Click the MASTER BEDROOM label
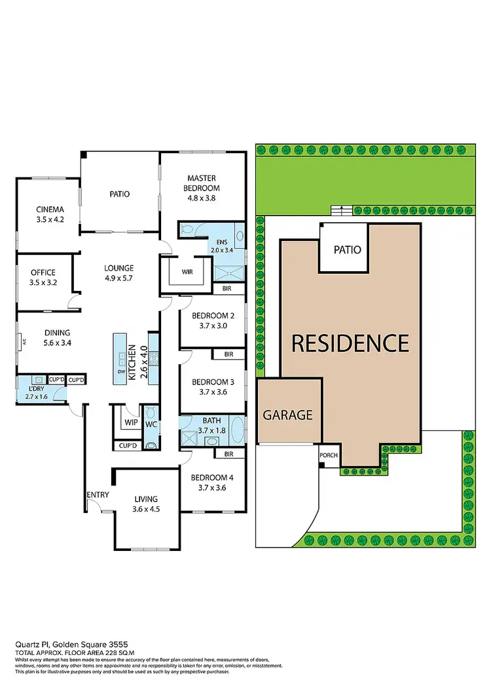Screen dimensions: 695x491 click(202, 183)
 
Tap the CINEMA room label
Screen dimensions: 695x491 click(50, 210)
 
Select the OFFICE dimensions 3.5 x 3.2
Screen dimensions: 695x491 click(43, 284)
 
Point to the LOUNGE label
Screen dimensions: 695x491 click(118, 268)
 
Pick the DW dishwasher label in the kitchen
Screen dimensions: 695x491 click(121, 371)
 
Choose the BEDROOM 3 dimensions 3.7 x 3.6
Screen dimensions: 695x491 click(209, 393)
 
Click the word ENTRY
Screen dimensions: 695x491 click(96, 495)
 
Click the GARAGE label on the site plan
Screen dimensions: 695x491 click(288, 415)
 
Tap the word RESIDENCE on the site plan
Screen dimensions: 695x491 click(350, 343)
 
